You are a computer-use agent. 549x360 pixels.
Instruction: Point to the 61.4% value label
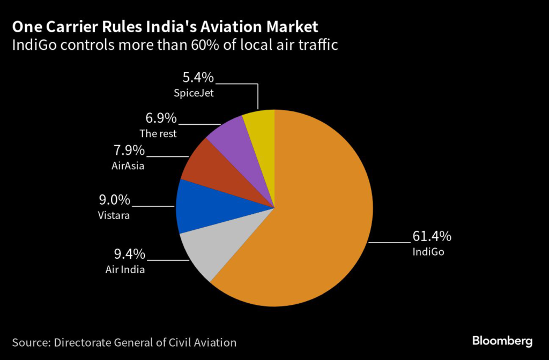(432, 236)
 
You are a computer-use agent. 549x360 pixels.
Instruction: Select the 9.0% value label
(114, 200)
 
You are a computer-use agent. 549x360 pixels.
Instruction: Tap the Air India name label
(125, 269)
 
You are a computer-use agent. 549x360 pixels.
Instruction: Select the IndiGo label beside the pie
(428, 251)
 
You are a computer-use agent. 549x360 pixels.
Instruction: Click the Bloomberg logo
(502, 341)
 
